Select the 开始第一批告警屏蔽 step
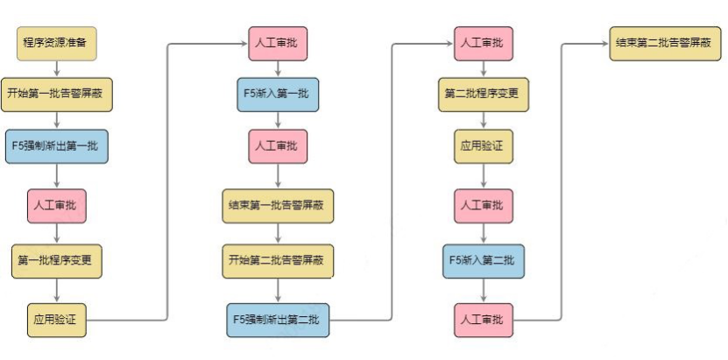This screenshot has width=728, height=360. click(55, 93)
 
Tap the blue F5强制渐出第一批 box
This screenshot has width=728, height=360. click(56, 146)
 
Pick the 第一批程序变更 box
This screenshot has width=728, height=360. click(56, 260)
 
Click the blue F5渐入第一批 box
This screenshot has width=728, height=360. click(277, 94)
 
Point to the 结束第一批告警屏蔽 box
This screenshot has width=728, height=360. click(277, 207)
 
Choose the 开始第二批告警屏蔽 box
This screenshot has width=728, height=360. click(277, 260)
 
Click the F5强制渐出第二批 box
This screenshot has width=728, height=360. click(277, 321)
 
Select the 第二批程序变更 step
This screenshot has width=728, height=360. click(483, 94)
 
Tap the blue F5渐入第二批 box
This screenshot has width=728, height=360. click(483, 260)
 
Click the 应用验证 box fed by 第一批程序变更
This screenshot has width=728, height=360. click(56, 321)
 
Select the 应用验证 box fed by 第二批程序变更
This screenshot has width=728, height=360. click(483, 146)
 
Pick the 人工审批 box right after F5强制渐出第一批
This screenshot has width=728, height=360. click(56, 207)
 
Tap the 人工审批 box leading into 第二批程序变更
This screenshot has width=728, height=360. click(483, 42)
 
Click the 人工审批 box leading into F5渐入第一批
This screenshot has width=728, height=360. click(277, 42)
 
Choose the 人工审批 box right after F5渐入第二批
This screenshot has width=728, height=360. click(483, 321)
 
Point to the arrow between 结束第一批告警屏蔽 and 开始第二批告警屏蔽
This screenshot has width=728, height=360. click(277, 233)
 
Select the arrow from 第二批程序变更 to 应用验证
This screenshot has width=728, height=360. click(483, 120)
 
